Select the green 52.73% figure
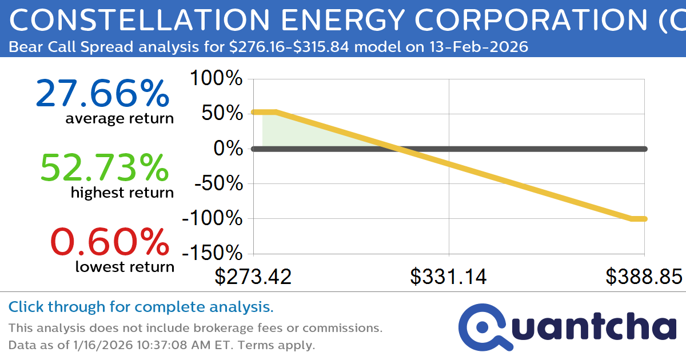tap(105, 168)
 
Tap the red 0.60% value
tap(110, 242)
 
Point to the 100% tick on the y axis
tap(216, 79)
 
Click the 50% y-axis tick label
tap(222, 114)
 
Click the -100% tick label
tap(212, 219)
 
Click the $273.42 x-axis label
tap(253, 277)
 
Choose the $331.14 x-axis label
tap(449, 277)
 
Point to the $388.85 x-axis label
tap(644, 277)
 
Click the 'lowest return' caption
tap(125, 266)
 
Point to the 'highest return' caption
tap(122, 193)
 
